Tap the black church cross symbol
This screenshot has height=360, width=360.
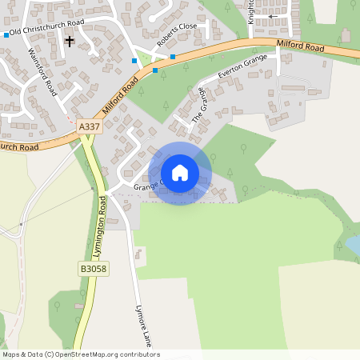[x=69, y=40]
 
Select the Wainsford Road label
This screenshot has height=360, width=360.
[x=43, y=71]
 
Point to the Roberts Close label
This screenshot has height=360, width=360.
[x=177, y=36]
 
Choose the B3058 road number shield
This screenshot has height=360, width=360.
[x=94, y=270]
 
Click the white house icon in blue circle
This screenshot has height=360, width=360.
[x=180, y=173]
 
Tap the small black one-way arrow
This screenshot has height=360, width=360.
[x=274, y=16]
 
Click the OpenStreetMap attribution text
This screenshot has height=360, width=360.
[x=81, y=354]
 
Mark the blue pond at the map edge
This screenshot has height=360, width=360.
[x=352, y=244]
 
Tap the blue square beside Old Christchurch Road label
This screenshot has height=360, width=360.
[x=6, y=35]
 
